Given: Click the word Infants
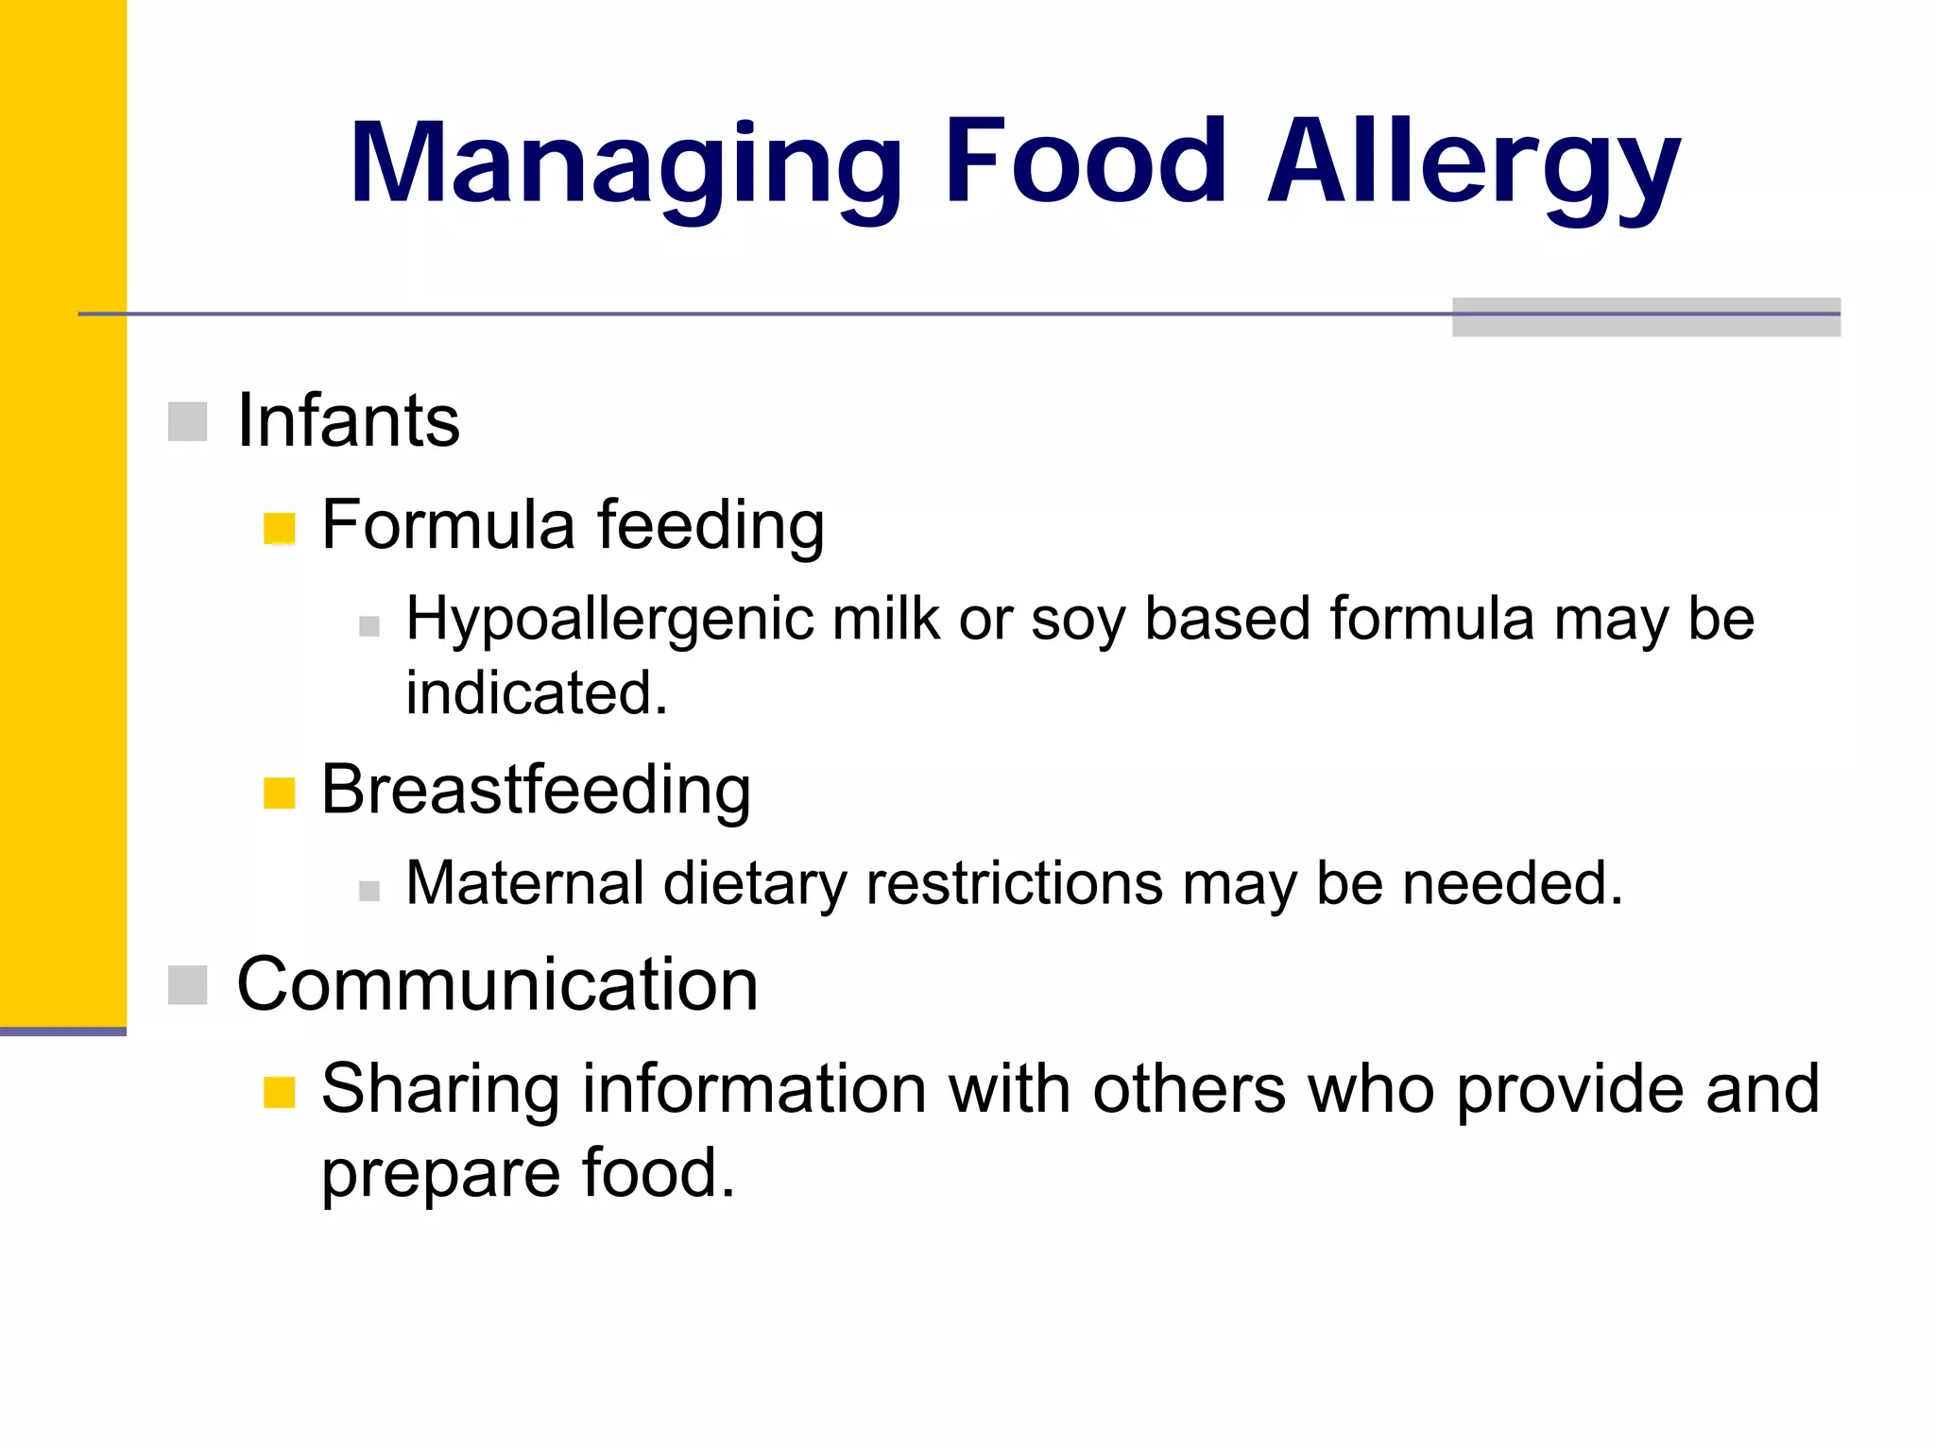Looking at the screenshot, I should [348, 420].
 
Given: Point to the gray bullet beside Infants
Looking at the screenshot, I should [187, 421].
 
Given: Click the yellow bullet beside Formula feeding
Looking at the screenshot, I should [280, 529].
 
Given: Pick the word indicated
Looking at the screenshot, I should [537, 693].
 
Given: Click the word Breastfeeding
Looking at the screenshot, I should [536, 790].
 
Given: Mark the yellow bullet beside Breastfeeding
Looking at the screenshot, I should [280, 793].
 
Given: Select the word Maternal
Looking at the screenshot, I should [525, 884].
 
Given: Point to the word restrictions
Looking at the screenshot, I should [1014, 884].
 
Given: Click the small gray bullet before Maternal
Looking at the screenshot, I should [369, 890].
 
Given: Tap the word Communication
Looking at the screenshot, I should [497, 984].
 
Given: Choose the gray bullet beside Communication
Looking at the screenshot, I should [187, 985].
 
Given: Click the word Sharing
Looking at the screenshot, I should [440, 1090].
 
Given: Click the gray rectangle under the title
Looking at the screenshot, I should [1645, 317].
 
